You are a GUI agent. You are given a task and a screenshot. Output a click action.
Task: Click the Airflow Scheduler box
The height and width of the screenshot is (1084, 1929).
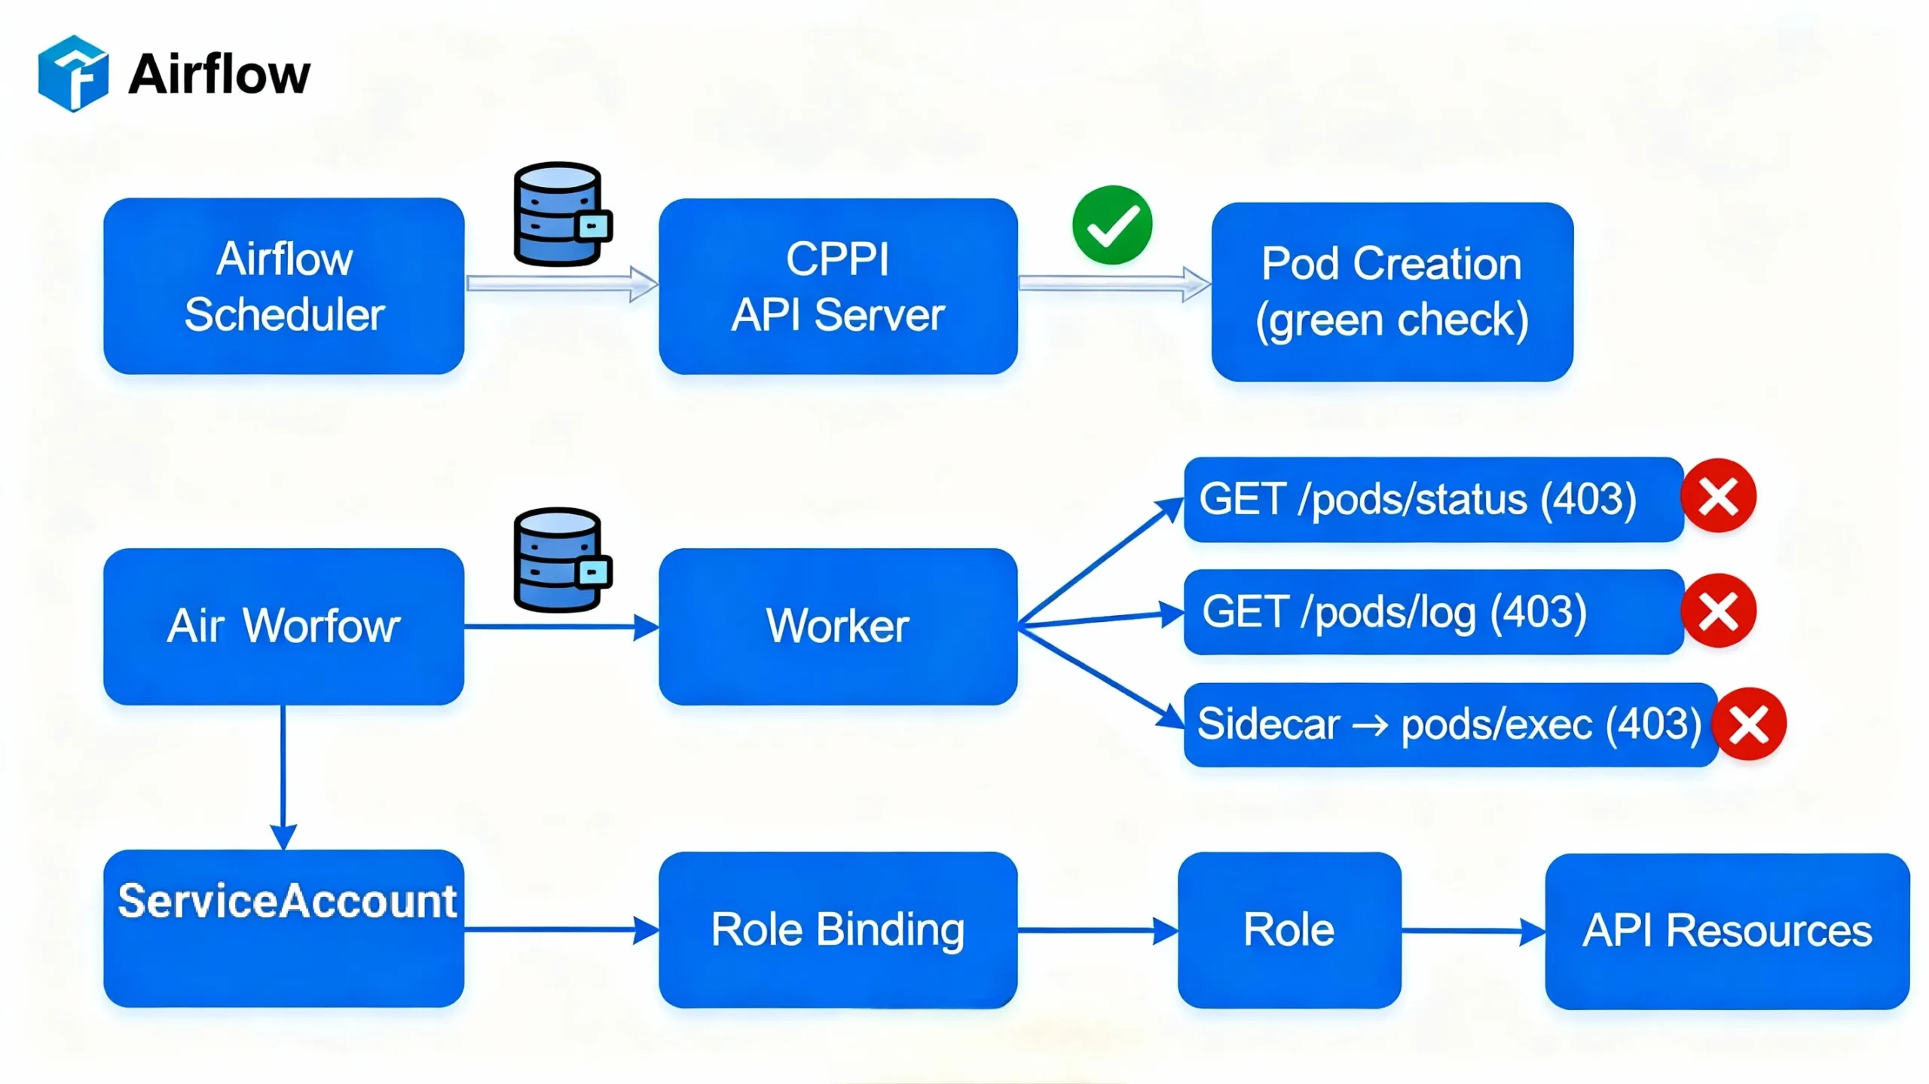(x=283, y=286)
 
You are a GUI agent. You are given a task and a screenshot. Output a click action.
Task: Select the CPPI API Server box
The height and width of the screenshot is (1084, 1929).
(x=837, y=286)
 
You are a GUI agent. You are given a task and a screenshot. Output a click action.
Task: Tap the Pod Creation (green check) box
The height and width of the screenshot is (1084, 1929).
(x=1391, y=291)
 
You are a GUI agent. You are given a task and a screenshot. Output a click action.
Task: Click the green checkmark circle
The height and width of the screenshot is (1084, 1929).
(x=1111, y=225)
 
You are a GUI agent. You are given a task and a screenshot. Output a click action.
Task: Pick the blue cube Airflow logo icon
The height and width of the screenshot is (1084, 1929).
(x=73, y=73)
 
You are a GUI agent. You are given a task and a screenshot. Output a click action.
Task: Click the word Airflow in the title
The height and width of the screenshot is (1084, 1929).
(x=219, y=75)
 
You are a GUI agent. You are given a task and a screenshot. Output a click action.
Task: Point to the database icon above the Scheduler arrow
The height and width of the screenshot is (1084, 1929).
(x=561, y=214)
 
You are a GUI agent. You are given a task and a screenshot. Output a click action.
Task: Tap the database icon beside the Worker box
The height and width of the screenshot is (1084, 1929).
(x=561, y=559)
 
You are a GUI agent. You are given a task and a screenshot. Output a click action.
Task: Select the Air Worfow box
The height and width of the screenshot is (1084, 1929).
(x=283, y=626)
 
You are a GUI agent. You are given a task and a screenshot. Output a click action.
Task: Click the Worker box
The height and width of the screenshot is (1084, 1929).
(x=837, y=626)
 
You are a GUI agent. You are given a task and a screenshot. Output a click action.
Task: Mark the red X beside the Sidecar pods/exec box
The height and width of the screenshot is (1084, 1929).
(x=1748, y=724)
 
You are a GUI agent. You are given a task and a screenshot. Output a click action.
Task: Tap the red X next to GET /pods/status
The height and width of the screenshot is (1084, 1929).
(x=1718, y=496)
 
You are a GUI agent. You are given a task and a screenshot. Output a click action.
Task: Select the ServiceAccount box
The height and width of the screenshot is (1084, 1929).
(x=283, y=928)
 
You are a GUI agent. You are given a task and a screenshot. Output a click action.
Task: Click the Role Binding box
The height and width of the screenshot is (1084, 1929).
(x=837, y=929)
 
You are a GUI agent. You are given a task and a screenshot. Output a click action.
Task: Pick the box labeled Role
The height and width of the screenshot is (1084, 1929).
(x=1289, y=929)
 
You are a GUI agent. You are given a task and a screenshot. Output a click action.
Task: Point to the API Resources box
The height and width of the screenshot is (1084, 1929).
(x=1726, y=931)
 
